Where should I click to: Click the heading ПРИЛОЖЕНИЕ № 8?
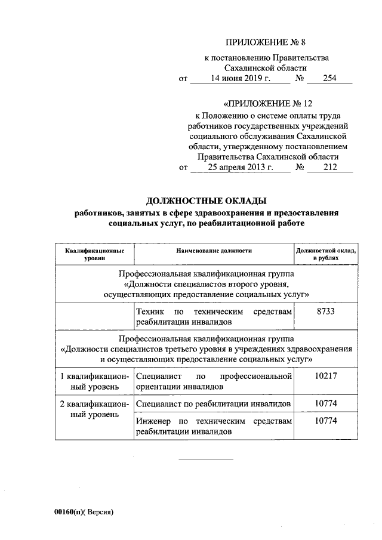pyautogui.click(x=266, y=42)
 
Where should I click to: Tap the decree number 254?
pyautogui.click(x=329, y=78)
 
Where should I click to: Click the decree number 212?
pyautogui.click(x=329, y=167)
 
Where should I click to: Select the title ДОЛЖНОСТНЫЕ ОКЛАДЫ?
pyautogui.click(x=206, y=201)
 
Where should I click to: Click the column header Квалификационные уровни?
pyautogui.click(x=94, y=255)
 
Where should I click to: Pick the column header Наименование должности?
pyautogui.click(x=214, y=251)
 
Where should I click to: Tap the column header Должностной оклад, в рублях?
pyautogui.click(x=326, y=255)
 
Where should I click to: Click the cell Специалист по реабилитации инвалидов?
pyautogui.click(x=214, y=404)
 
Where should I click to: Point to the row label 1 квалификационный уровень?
pyautogui.click(x=94, y=381)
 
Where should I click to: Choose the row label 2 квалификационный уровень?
pyautogui.click(x=94, y=409)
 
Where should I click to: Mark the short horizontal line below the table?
pyautogui.click(x=206, y=459)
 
